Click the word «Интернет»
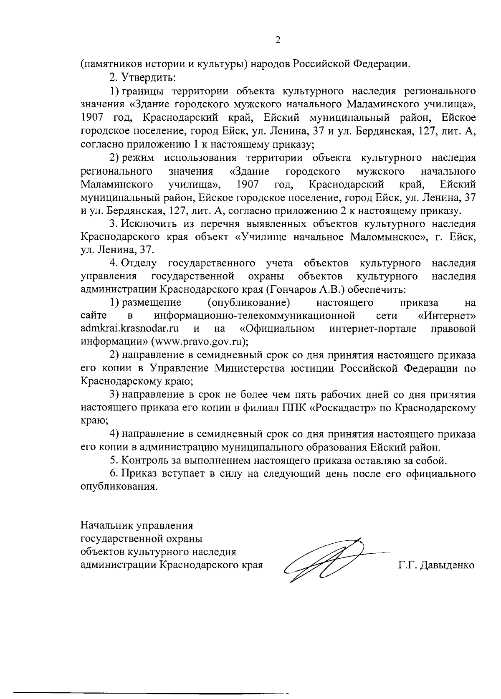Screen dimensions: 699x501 [446, 315]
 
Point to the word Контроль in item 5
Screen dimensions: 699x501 [144, 461]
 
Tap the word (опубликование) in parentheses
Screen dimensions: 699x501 [249, 302]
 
